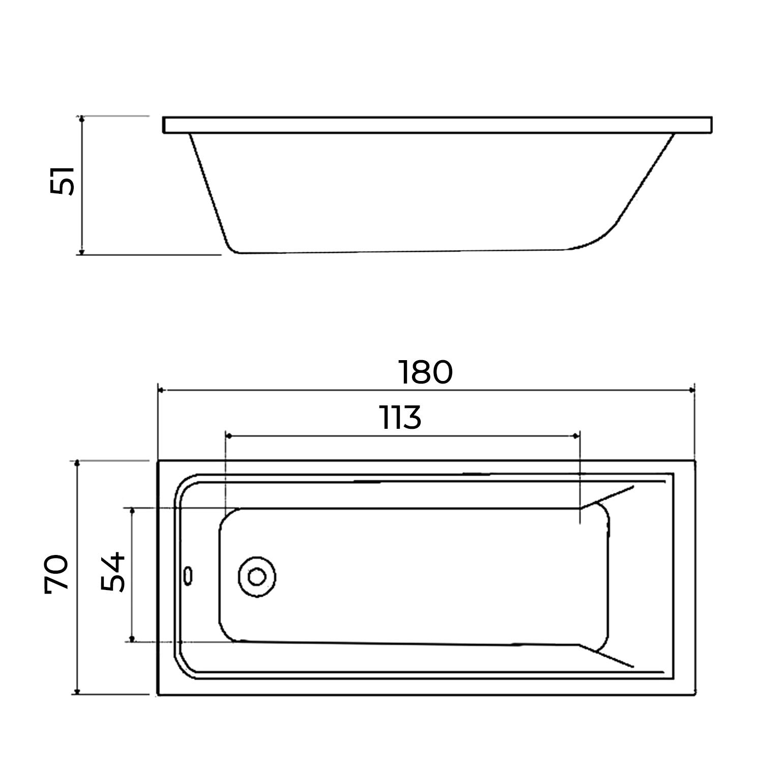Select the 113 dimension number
(401, 418)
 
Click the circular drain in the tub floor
(257, 576)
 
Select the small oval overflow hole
(189, 575)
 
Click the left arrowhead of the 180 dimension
(162, 390)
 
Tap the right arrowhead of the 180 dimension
(691, 390)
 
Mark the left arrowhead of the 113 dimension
(229, 436)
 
